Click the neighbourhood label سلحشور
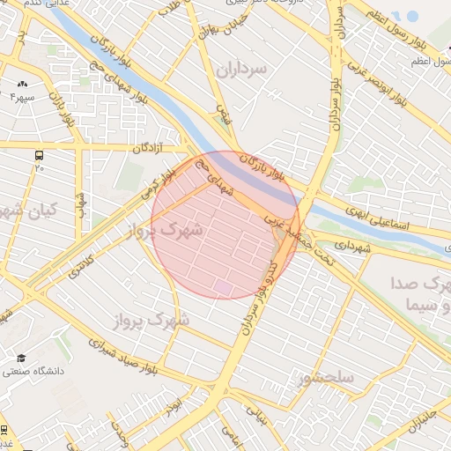point(325,379)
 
